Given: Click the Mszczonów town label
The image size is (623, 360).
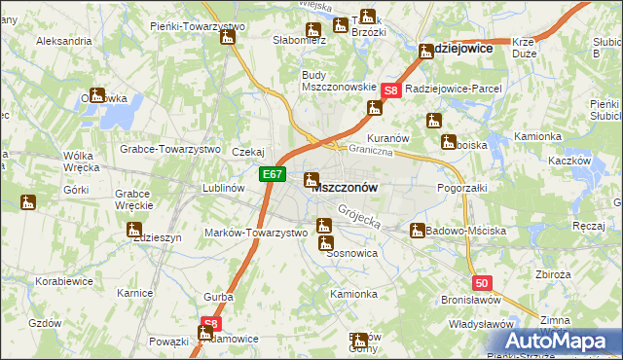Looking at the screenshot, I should [x=347, y=186].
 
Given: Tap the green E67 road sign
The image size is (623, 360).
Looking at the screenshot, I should [x=273, y=175].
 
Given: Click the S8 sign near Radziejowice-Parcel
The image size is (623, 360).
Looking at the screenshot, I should [x=390, y=90].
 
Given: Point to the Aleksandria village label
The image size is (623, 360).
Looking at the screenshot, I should [x=63, y=42].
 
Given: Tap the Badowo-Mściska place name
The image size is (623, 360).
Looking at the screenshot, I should [x=468, y=232].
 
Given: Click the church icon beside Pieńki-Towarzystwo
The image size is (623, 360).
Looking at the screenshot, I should [x=228, y=38].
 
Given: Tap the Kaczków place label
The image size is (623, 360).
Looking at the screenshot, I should [x=570, y=160].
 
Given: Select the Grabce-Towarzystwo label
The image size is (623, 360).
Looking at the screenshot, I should [x=170, y=150].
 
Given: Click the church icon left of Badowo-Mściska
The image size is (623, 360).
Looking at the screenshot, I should [x=418, y=232].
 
